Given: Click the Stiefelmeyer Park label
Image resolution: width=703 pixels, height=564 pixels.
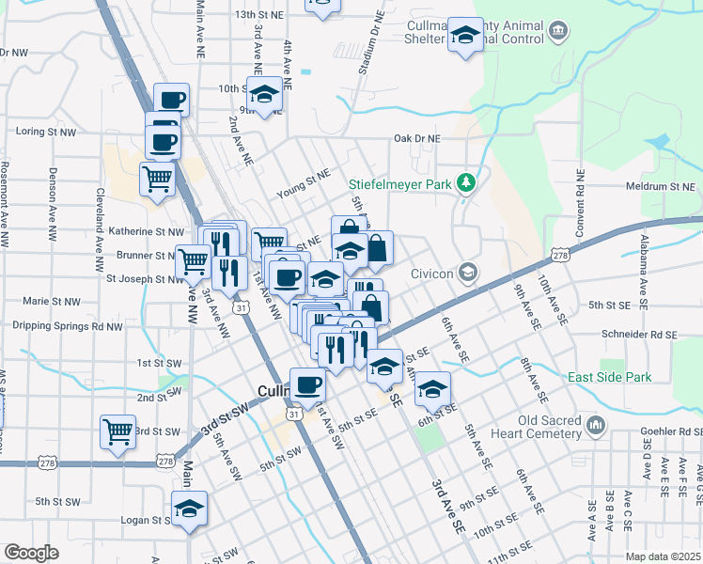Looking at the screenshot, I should pyautogui.click(x=399, y=184).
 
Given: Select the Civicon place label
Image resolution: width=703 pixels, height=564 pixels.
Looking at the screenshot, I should pyautogui.click(x=433, y=274).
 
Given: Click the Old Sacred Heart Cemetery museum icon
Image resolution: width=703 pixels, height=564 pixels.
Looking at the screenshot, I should pyautogui.click(x=596, y=426).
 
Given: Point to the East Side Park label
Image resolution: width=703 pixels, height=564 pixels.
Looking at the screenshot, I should pyautogui.click(x=609, y=377).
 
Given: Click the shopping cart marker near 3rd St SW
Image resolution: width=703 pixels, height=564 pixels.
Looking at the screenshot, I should pyautogui.click(x=118, y=433).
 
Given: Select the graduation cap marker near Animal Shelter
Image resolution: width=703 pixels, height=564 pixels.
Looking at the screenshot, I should pyautogui.click(x=463, y=37).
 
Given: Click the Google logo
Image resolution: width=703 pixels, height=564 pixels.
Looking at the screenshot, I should pyautogui.click(x=31, y=553).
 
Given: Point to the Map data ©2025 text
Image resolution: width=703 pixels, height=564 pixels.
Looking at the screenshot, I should pyautogui.click(x=663, y=556).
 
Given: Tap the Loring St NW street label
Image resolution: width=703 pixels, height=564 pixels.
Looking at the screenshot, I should pyautogui.click(x=46, y=133).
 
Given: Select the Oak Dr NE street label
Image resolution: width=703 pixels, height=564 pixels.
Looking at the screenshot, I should pyautogui.click(x=416, y=138).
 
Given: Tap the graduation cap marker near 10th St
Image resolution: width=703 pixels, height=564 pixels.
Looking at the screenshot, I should pyautogui.click(x=265, y=95).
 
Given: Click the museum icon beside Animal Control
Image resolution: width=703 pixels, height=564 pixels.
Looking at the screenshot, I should pyautogui.click(x=558, y=34).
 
